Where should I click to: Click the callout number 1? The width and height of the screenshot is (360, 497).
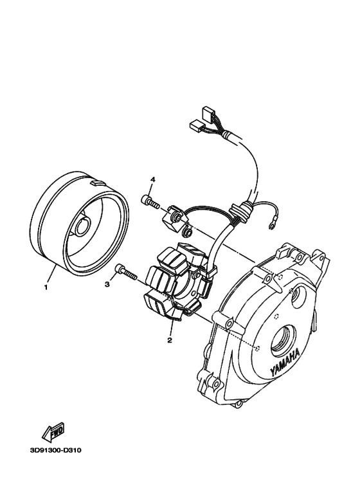click(46, 287)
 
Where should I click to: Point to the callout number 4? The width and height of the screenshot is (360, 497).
click(153, 179)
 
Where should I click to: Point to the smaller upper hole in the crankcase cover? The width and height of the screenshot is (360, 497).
click(299, 298)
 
